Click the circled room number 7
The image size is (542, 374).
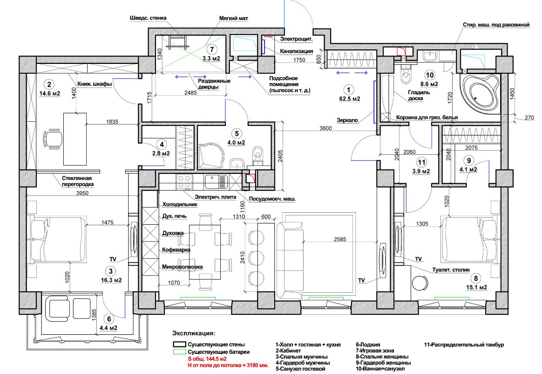coord(211,50)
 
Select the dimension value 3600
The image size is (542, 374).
coord(325,128)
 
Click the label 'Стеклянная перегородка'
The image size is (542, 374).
coord(77,181)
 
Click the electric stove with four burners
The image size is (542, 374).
coord(184,182)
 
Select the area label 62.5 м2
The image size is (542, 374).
coord(350,99)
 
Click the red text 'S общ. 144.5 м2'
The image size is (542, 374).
coord(207,359)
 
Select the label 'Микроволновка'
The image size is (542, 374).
coord(182,267)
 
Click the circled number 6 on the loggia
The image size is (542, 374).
coord(109,319)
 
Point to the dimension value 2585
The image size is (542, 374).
coord(340,239)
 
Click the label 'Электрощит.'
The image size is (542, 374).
coord(296,39)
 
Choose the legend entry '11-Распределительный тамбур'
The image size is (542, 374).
coord(464,345)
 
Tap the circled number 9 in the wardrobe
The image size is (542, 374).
coord(469,161)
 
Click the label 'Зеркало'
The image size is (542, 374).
coord(347,120)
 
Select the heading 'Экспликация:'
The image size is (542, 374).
coord(194,333)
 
